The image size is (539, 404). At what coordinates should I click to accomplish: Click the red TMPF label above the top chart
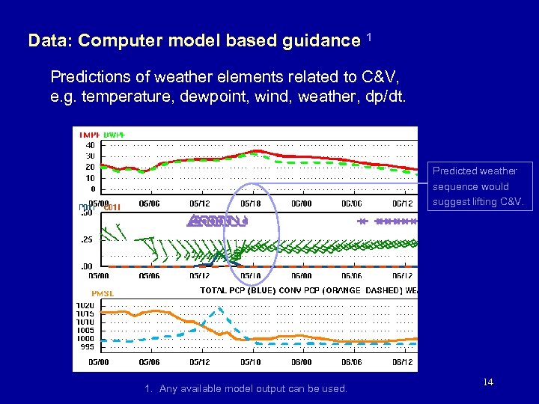coord(88,135)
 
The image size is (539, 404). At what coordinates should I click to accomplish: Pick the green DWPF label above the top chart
coord(114,135)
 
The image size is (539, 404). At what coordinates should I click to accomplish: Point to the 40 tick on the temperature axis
coord(90,145)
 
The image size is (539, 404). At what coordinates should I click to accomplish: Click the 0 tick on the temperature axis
coord(93,189)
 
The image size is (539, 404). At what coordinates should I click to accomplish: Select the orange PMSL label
coord(103,293)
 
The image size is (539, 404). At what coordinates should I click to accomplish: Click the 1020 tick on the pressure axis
coord(85,305)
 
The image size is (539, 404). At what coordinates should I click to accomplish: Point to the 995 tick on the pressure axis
coord(87,346)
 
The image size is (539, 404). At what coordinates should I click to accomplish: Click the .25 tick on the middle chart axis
coord(87,239)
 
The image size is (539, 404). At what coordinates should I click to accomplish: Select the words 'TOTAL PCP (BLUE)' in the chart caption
coord(237,290)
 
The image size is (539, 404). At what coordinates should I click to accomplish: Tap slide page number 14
coord(487,382)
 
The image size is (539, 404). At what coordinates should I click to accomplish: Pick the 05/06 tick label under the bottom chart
coord(149,362)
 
